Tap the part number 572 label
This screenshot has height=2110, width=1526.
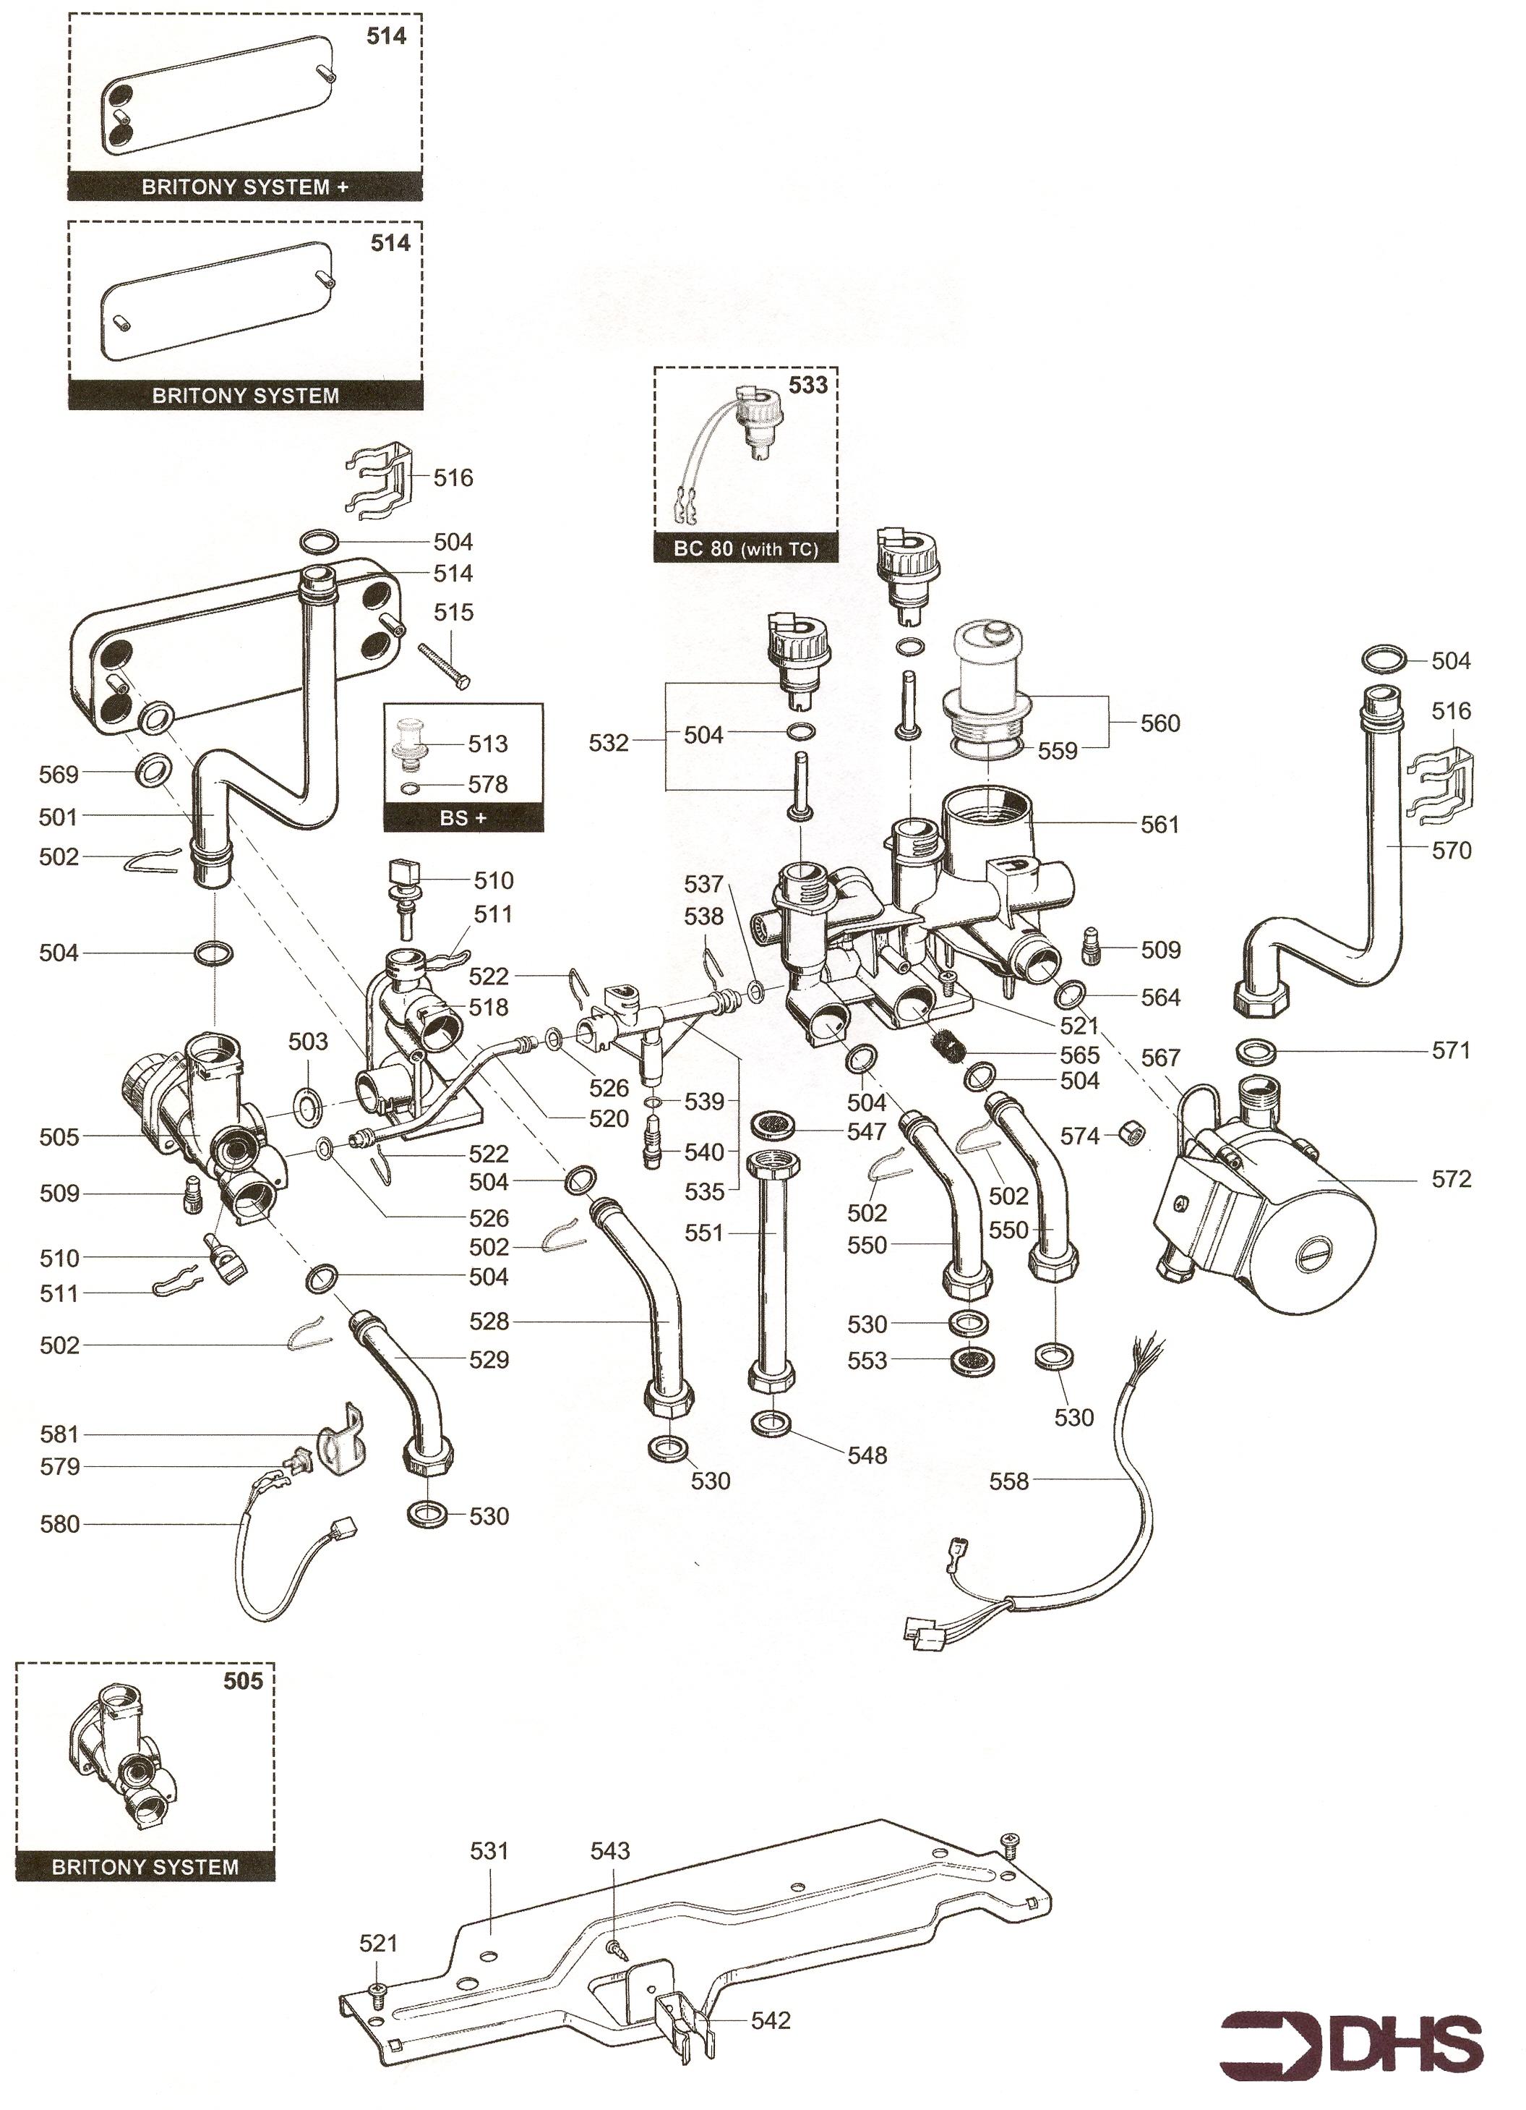coord(1451,1179)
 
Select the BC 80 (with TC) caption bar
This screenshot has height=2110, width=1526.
coord(746,549)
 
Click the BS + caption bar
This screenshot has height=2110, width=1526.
coord(463,818)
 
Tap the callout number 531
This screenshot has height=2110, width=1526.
coord(489,1850)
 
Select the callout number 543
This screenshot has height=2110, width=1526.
coord(610,1850)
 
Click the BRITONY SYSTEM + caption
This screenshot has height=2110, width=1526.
coord(244,187)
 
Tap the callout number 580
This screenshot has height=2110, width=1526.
coord(59,1524)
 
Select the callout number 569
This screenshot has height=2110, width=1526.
coord(59,773)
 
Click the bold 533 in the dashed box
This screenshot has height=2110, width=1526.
coord(807,385)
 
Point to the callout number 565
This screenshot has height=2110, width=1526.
coord(1080,1054)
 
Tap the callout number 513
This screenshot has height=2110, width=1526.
coord(487,744)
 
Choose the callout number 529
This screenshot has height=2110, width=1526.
coord(489,1359)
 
